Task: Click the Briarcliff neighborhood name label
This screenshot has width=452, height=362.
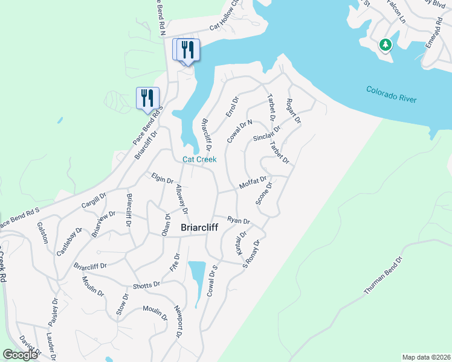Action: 205,229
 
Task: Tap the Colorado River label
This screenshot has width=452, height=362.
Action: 392,94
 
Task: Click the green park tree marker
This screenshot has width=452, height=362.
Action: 385,45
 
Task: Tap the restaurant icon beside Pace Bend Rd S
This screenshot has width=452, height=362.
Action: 147,98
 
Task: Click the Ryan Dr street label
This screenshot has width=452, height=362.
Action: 239,220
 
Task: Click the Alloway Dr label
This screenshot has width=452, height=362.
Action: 182,200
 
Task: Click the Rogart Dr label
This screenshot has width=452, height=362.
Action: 294,112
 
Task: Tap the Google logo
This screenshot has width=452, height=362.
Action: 20,355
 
